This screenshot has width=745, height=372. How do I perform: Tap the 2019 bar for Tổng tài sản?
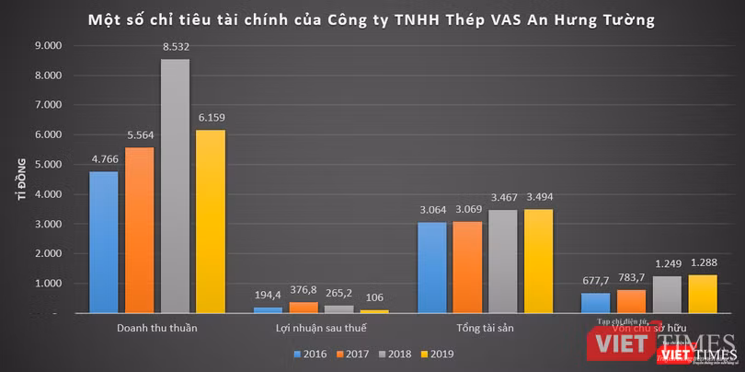point(538,262)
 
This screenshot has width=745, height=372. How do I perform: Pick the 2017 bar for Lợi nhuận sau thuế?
point(304,308)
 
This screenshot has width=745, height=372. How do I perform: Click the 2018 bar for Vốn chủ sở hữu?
point(667,295)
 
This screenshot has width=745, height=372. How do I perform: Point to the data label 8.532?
point(175,48)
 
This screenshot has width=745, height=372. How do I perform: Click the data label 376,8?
point(304,291)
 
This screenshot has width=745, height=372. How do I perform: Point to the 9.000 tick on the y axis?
point(47,45)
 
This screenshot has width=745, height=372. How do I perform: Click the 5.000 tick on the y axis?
point(47,165)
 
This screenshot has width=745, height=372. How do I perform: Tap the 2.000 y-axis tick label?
point(47,254)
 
